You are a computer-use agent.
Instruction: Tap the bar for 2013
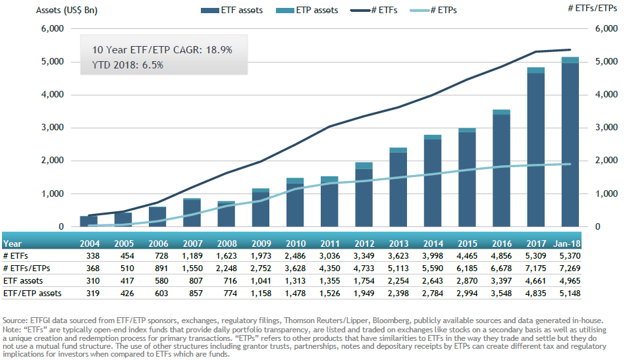point(398,188)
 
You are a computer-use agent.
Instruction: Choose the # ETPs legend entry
point(437,10)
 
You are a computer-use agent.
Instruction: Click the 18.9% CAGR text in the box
point(217,50)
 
